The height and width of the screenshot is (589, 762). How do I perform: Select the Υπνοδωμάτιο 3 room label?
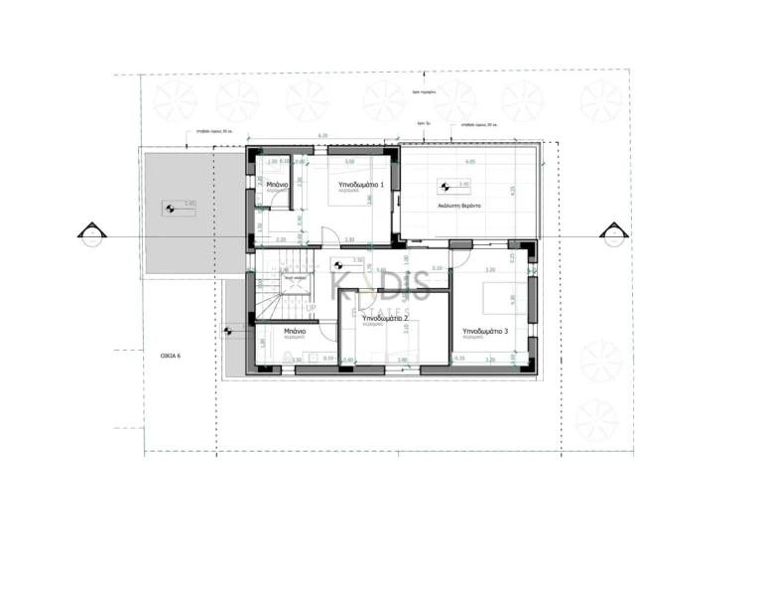(x=485, y=331)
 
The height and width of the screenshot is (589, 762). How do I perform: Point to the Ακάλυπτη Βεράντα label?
(x=458, y=205)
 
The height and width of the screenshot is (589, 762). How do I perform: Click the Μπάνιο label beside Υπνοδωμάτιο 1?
(x=278, y=185)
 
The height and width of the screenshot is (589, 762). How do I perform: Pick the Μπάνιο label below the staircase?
(x=293, y=332)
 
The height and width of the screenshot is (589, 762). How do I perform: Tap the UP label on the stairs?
(x=311, y=309)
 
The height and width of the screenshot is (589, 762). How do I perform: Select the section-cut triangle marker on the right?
(x=611, y=233)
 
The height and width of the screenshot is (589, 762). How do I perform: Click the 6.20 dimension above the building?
(x=322, y=135)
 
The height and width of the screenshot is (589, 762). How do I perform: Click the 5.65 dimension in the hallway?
(x=382, y=268)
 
